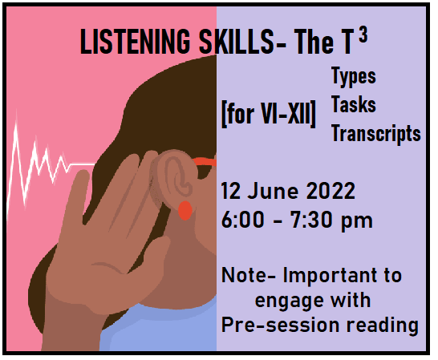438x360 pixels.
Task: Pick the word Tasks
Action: pyautogui.click(x=353, y=106)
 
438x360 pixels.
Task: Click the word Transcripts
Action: pyautogui.click(x=375, y=132)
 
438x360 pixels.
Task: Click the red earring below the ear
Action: pyautogui.click(x=185, y=210)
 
